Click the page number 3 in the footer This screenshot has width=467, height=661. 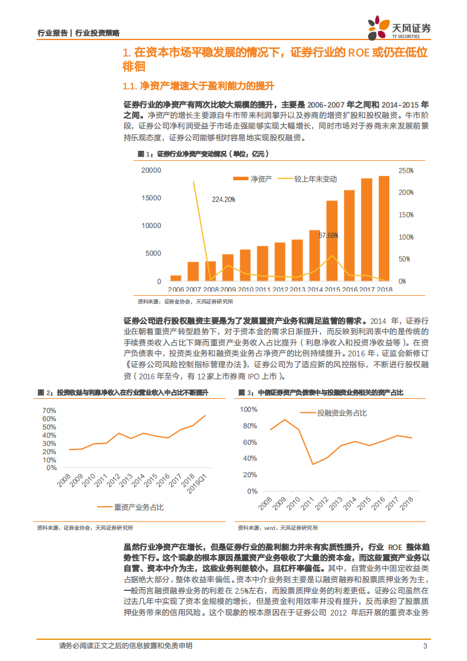425,646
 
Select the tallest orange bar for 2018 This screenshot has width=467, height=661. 384,228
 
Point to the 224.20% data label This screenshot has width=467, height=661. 224,199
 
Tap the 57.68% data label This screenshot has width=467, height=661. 329,235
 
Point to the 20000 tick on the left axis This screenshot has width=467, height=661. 151,170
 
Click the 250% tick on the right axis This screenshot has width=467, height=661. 406,170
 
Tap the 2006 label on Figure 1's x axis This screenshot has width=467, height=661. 175,290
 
